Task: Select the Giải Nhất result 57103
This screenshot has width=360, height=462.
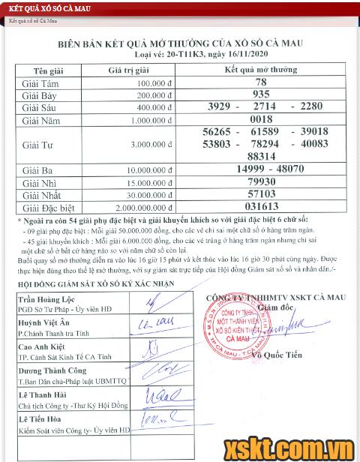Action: [262, 193]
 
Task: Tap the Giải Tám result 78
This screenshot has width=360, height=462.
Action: [261, 82]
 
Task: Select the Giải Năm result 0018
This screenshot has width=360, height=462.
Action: [261, 119]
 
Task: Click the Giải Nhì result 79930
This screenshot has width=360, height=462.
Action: [262, 181]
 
